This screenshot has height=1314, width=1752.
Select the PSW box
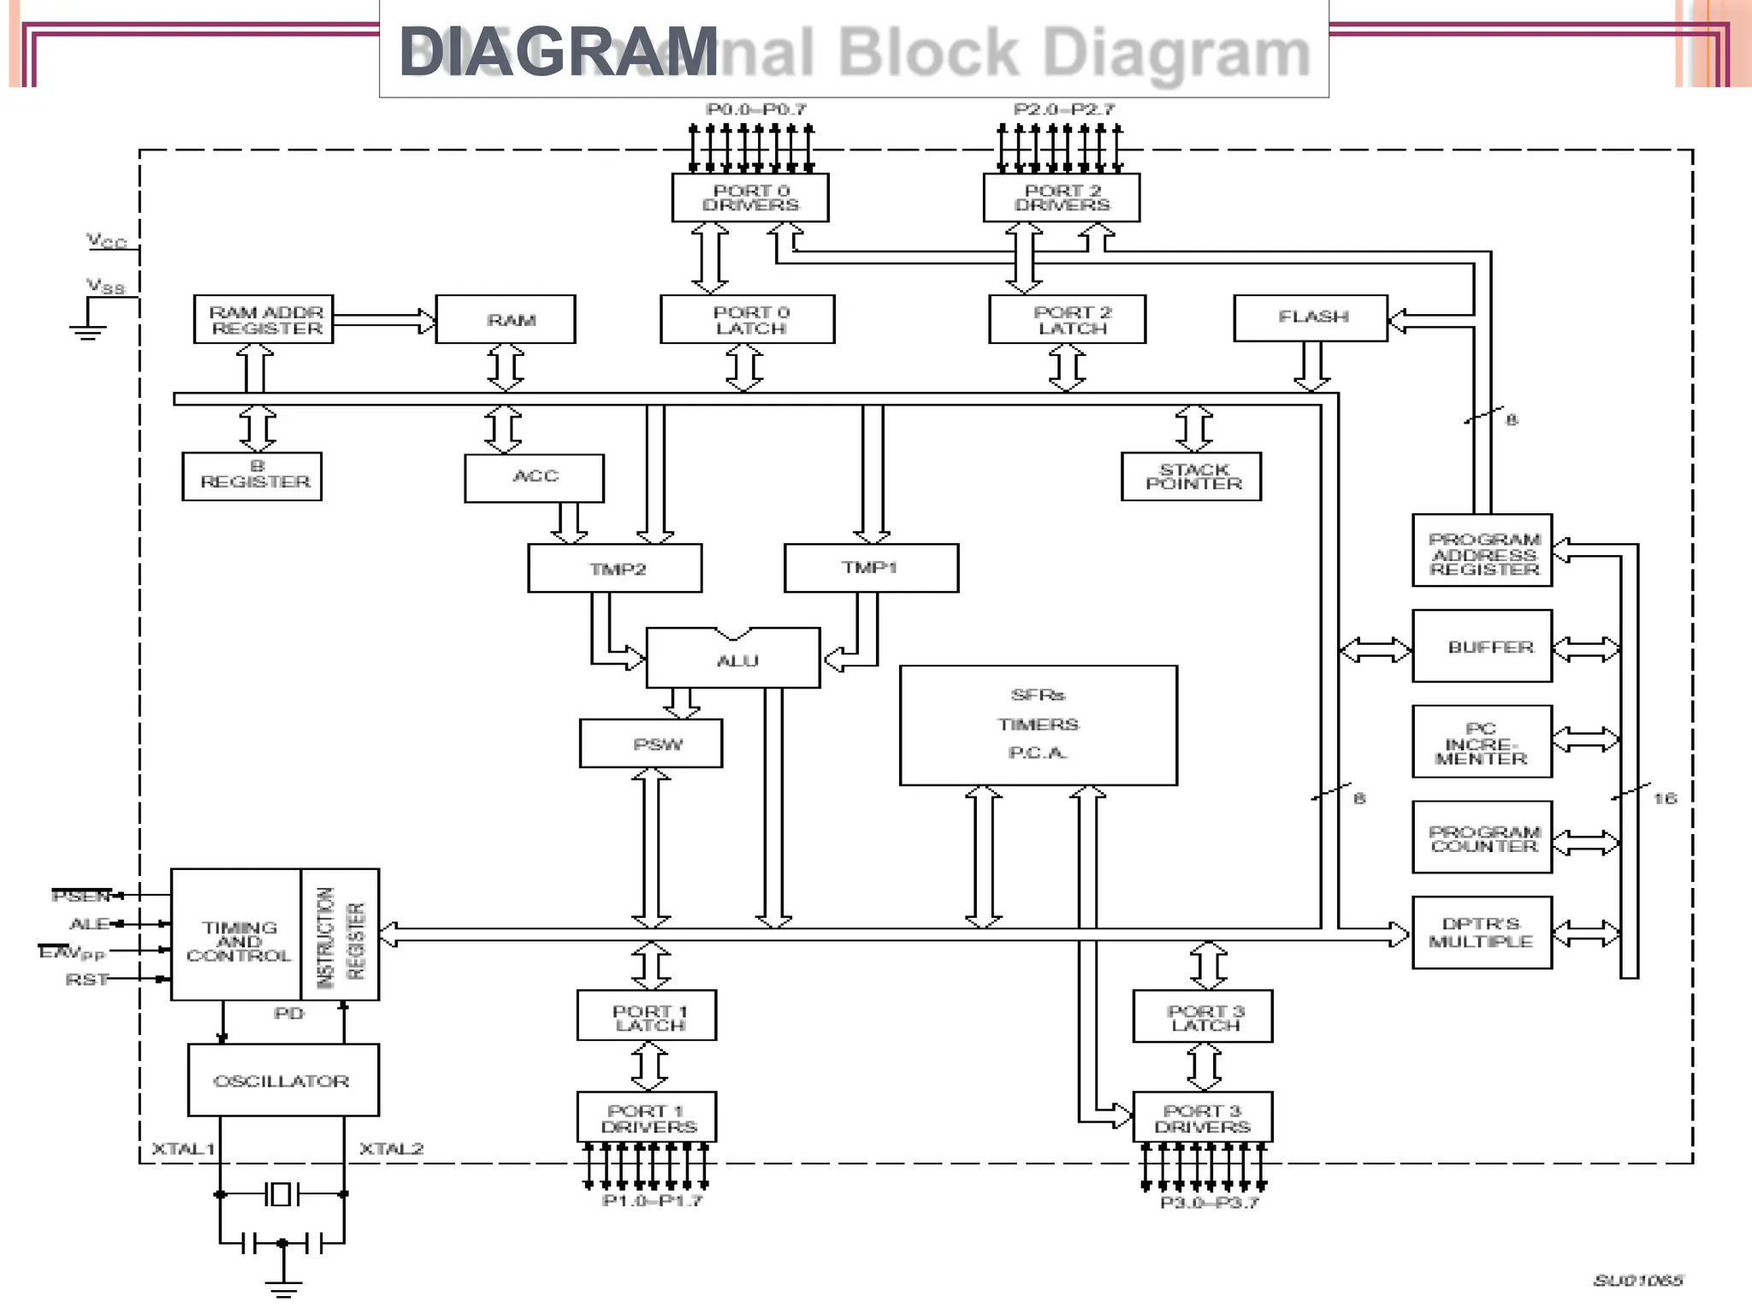[651, 743]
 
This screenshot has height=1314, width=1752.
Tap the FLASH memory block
[1311, 317]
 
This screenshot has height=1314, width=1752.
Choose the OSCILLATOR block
[283, 1080]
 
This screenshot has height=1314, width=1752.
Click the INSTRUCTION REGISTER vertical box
[340, 935]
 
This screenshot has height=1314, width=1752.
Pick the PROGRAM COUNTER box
[1483, 838]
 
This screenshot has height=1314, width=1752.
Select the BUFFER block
[1483, 647]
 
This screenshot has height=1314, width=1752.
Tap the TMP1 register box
[871, 568]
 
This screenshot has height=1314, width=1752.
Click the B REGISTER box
[252, 476]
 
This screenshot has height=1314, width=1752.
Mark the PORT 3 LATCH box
[1203, 1016]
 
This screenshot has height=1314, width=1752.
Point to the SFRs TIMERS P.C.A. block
[1039, 725]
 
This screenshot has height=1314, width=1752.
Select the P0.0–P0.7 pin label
[756, 109]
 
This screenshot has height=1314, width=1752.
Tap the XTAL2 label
[391, 1148]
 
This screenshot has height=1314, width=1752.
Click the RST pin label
[86, 979]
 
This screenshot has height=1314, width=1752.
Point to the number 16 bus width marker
[1665, 798]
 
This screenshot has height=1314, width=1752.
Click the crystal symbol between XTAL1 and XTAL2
[281, 1193]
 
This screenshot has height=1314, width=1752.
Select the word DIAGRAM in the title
[558, 51]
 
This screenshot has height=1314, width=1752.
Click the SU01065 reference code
[1637, 1280]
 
